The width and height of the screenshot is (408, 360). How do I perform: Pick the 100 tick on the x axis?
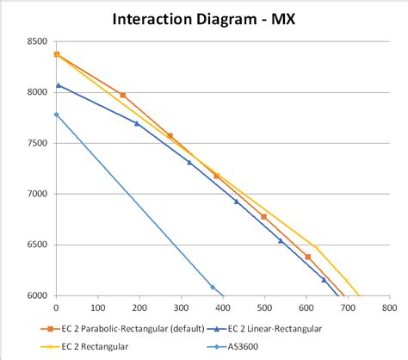97,307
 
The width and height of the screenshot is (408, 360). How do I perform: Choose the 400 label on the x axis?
222,307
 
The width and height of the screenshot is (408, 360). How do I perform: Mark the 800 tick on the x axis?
388,307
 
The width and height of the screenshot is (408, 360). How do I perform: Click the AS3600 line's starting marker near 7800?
57,114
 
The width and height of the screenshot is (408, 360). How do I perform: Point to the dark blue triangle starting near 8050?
58,85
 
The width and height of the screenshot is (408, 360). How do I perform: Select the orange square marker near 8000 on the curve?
123,95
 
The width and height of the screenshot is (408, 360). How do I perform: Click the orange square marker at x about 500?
263,216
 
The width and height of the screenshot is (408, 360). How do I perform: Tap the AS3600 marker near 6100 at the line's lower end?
213,287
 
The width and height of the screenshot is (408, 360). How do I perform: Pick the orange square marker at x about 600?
307,257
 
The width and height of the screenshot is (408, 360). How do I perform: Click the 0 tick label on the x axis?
56,307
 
